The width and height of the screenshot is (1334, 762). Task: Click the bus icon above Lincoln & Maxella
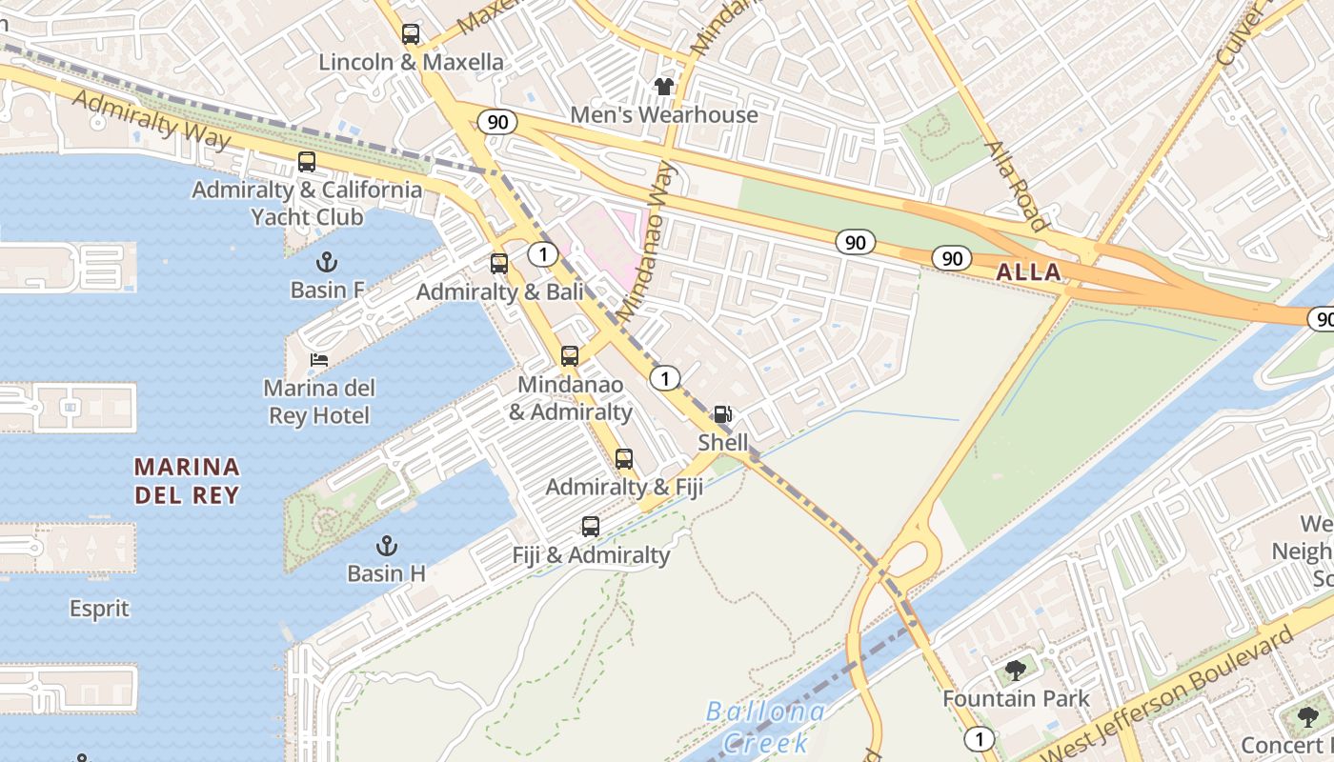coord(411,34)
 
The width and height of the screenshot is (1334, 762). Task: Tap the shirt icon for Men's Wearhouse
coord(664,87)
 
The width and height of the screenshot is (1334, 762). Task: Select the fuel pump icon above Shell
coord(723,414)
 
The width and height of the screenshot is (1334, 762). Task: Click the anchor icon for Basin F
coord(327,261)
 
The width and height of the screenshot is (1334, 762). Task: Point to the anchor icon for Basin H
coord(386,546)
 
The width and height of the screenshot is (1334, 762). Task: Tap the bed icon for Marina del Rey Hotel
coord(319,360)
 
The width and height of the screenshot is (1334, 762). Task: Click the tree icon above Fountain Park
coord(1016,670)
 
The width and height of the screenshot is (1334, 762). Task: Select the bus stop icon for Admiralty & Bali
coord(499,264)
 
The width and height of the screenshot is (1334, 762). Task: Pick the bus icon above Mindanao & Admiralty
coord(570,356)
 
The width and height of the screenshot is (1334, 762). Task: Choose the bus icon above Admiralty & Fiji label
coord(624,459)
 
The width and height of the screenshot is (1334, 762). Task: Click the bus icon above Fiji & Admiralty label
coord(591,527)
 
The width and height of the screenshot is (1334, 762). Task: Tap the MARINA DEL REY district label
coord(187,481)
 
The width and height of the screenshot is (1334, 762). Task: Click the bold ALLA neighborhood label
coord(1028,272)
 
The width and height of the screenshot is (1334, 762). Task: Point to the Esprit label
coord(99,608)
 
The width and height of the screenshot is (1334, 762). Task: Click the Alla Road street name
coord(1017,187)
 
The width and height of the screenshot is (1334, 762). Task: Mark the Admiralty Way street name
coord(152,120)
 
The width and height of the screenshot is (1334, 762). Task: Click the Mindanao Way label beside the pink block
coord(646,242)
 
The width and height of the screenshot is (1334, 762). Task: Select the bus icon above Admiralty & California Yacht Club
coord(307,162)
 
